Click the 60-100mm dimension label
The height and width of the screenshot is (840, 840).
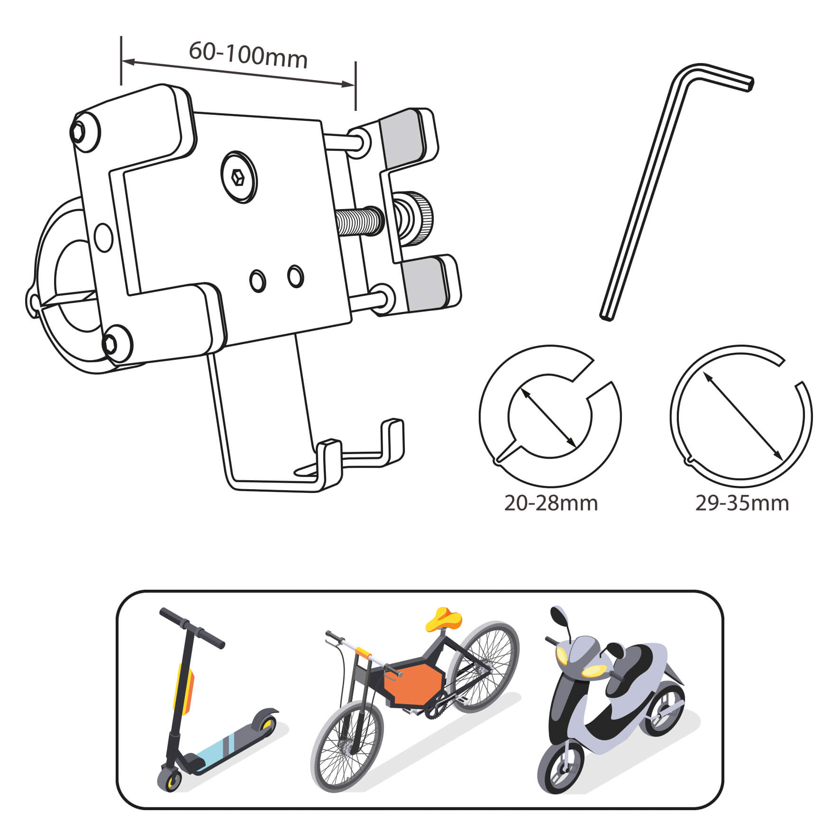click(x=248, y=55)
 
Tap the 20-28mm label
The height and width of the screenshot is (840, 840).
click(x=550, y=503)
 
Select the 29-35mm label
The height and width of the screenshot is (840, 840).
click(x=742, y=503)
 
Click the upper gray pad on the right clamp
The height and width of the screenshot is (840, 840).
click(x=403, y=136)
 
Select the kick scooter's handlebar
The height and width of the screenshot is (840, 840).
click(x=192, y=628)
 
